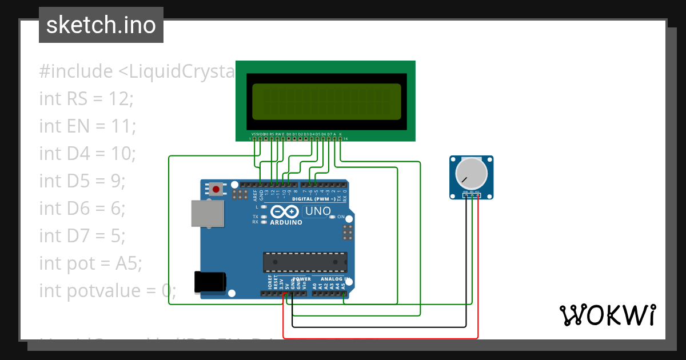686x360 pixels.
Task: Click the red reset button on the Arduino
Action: pyautogui.click(x=216, y=189)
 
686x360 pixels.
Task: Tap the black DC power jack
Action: pyautogui.click(x=209, y=282)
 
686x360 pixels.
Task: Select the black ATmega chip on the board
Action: pyautogui.click(x=305, y=262)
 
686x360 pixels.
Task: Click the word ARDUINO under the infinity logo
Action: pyautogui.click(x=286, y=222)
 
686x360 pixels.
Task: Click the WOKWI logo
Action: pyautogui.click(x=607, y=315)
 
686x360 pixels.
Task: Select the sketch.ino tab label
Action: pyautogui.click(x=101, y=25)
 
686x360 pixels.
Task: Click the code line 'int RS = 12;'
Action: pyautogui.click(x=86, y=98)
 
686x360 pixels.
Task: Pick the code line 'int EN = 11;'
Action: pyautogui.click(x=87, y=126)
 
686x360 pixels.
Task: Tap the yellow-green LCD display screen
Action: pyautogui.click(x=326, y=101)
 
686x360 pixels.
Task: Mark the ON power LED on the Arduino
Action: pyautogui.click(x=334, y=217)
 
